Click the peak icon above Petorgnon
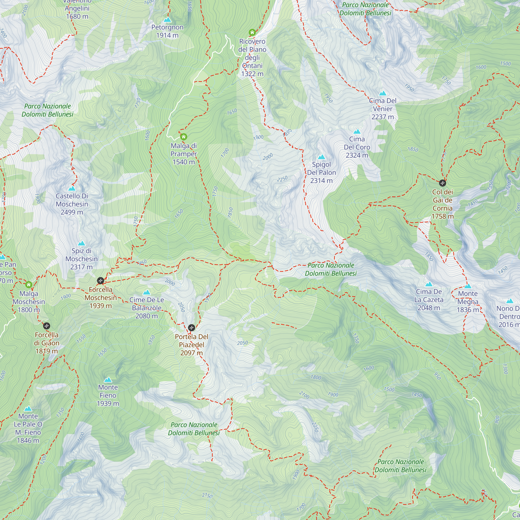[x=167, y=20]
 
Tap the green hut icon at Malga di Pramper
[x=184, y=137]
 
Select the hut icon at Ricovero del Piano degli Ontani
[x=252, y=32]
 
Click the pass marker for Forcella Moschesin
[x=100, y=281]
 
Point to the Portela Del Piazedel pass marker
[x=191, y=328]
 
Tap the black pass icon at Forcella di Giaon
[x=47, y=326]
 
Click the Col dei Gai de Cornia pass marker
[x=443, y=183]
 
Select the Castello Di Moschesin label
[x=72, y=204]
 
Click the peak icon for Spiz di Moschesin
[x=81, y=243]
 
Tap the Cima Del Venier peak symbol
[x=382, y=93]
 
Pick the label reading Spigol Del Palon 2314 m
[x=321, y=172]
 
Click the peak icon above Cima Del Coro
[x=357, y=131]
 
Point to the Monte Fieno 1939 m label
[x=108, y=395]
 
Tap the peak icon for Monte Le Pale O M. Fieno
[x=28, y=409]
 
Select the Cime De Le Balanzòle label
[x=146, y=308]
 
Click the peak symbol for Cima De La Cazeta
[x=429, y=284]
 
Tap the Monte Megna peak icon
[x=468, y=286]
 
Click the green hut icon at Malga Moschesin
[x=29, y=284]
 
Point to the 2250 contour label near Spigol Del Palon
[x=282, y=179]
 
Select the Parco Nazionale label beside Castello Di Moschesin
[x=47, y=110]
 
